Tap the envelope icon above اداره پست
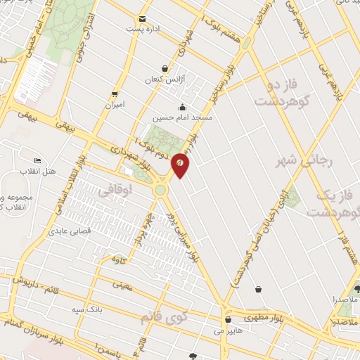click(x=143, y=18)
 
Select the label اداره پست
click(x=139, y=30)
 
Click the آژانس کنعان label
click(x=164, y=80)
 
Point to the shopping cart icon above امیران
click(x=115, y=94)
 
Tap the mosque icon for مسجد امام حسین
click(x=183, y=107)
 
